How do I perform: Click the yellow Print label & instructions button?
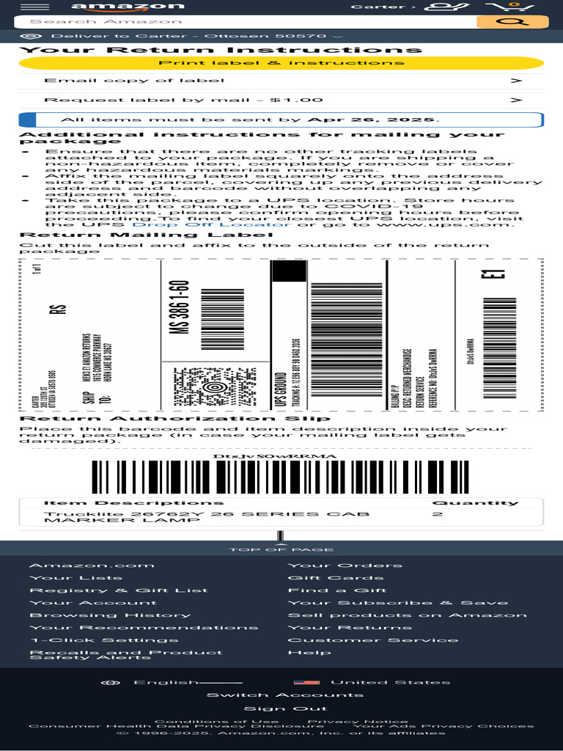coord(281,62)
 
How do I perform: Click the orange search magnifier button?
coord(502,22)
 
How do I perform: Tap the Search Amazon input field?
coord(242,22)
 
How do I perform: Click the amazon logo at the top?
coord(128,7)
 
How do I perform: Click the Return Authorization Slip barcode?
coord(280,477)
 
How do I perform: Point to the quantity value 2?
coord(438,515)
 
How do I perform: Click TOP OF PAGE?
coord(281,549)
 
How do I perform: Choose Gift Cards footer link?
coord(335,578)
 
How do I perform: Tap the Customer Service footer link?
coord(373,640)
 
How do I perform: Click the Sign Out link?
coord(275,708)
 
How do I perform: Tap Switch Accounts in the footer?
coord(284,695)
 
